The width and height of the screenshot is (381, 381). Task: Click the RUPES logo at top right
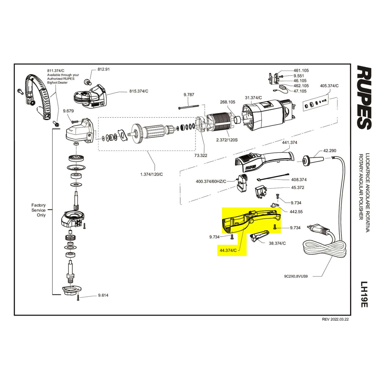pos(365,97)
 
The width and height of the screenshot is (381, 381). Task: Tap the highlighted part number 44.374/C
pos(228,250)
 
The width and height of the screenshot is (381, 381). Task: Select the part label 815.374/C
pos(139,91)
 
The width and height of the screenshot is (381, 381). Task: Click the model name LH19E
pos(364,294)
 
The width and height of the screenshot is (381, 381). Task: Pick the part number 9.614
pos(103,295)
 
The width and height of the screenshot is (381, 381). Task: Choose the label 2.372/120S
pos(227,140)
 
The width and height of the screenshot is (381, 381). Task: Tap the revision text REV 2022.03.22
pos(335,320)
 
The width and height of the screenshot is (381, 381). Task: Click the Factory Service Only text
pos(39,210)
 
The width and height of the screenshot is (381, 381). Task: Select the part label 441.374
pos(290,142)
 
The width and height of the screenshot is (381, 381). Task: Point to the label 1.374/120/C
pos(152,174)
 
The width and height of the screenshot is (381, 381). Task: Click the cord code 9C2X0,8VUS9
pos(296,276)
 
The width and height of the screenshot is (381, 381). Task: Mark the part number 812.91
pos(104,69)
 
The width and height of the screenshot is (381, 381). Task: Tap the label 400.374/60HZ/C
pos(211,181)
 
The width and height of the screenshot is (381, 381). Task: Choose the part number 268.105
pos(228,102)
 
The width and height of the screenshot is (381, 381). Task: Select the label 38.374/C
pos(277,243)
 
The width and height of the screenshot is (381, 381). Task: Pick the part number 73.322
pos(201,155)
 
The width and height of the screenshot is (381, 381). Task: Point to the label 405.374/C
pos(329,86)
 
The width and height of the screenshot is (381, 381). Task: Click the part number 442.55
pos(296,212)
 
